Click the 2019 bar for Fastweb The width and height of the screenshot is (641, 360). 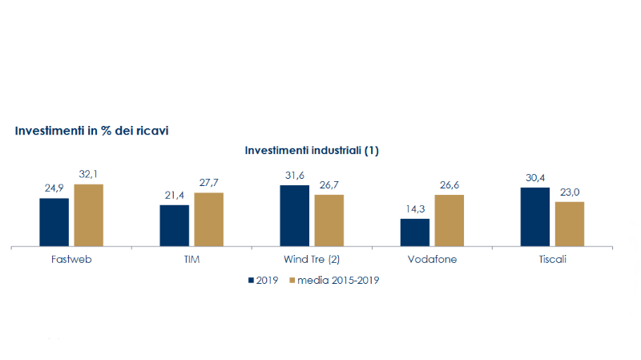pos(54,222)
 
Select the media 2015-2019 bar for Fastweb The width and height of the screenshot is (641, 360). pos(88,215)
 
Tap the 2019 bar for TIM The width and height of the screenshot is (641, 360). pos(174,225)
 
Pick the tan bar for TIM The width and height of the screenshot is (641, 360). pos(208,220)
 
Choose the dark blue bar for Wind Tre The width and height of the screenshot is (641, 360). pos(294,216)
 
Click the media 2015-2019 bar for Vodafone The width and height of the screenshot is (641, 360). pos(450,220)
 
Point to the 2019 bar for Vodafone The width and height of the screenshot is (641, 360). pos(415,233)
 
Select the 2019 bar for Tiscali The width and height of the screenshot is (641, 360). pos(535,216)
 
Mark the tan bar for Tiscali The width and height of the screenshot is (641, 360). pos(570,224)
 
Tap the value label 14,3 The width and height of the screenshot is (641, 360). pos(415,210)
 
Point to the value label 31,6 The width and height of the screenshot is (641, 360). pos(294,176)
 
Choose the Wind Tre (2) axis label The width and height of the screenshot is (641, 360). pos(312,261)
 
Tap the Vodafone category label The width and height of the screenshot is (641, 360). pos(432,261)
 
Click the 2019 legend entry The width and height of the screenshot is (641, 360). pos(262,281)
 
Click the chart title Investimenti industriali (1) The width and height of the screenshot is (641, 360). pos(312,150)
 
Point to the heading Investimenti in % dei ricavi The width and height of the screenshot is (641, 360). pos(91,130)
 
